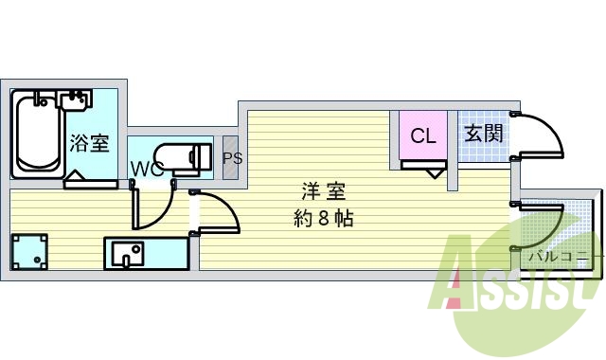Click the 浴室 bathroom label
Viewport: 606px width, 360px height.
coord(90,143)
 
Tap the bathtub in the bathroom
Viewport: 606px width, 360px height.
coord(38,135)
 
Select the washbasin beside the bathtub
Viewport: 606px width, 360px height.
coord(76,100)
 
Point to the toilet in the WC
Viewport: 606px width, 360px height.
coord(183,157)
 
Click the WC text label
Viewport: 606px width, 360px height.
coord(147,169)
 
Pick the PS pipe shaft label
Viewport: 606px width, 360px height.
coord(233,158)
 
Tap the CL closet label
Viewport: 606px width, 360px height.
coord(423,136)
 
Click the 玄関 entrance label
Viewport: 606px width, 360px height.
coord(484,134)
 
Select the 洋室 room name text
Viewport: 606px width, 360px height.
coord(324,191)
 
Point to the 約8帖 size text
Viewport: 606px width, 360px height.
coord(323,219)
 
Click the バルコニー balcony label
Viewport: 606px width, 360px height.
coord(560,256)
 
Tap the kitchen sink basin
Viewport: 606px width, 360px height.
coord(128,253)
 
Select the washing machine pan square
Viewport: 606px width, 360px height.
coord(29,252)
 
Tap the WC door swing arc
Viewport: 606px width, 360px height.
coord(164,215)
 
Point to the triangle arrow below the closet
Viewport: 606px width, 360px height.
coord(436,173)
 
